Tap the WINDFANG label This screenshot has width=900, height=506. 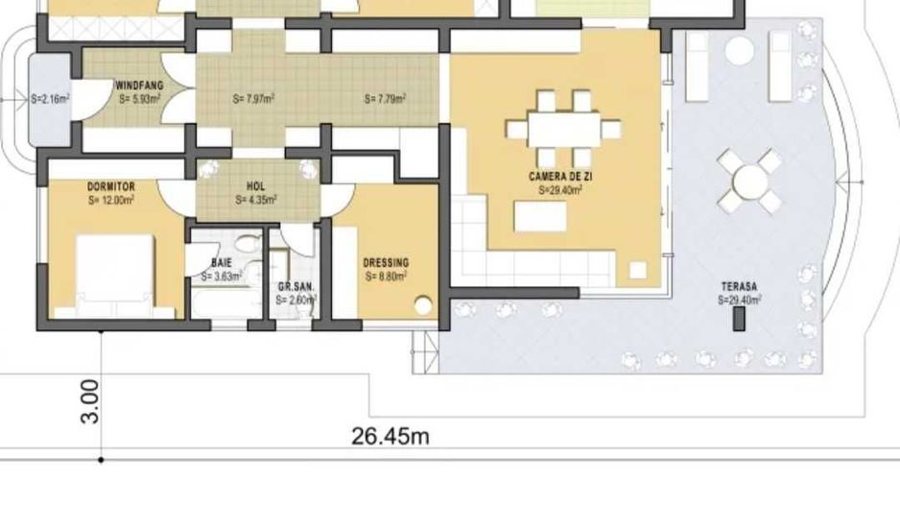140,85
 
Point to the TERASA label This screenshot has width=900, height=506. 740,287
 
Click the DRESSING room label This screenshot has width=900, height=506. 386,262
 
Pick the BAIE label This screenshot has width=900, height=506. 222,262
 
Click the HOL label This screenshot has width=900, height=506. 256,186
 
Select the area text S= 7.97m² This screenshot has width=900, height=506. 254,99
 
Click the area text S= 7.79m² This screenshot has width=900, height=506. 385,99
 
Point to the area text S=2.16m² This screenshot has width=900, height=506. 50,98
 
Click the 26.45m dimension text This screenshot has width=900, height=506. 390,437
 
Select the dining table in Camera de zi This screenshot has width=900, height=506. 563,129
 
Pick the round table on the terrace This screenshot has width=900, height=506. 750,180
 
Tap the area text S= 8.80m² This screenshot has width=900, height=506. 386,276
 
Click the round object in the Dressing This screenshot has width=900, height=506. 423,307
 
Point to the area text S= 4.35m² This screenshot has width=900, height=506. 256,200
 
